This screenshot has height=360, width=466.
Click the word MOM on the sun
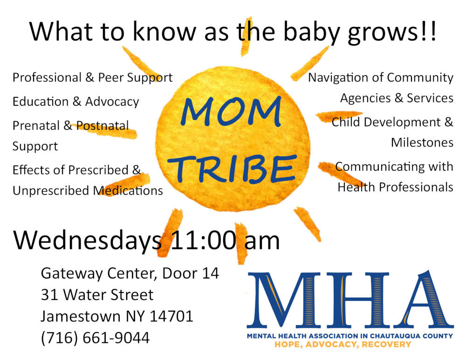(231, 112)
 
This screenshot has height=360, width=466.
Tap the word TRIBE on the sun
(232, 169)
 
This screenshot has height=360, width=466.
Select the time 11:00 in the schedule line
(204, 240)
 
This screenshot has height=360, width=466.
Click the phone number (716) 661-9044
(95, 338)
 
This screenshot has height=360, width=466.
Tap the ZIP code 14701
(171, 316)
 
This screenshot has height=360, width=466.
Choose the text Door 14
(191, 273)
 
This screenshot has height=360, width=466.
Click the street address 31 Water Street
(97, 295)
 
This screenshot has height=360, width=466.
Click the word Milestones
(422, 143)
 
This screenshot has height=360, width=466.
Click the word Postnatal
(103, 126)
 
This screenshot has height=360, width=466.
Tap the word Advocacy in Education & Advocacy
(112, 102)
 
